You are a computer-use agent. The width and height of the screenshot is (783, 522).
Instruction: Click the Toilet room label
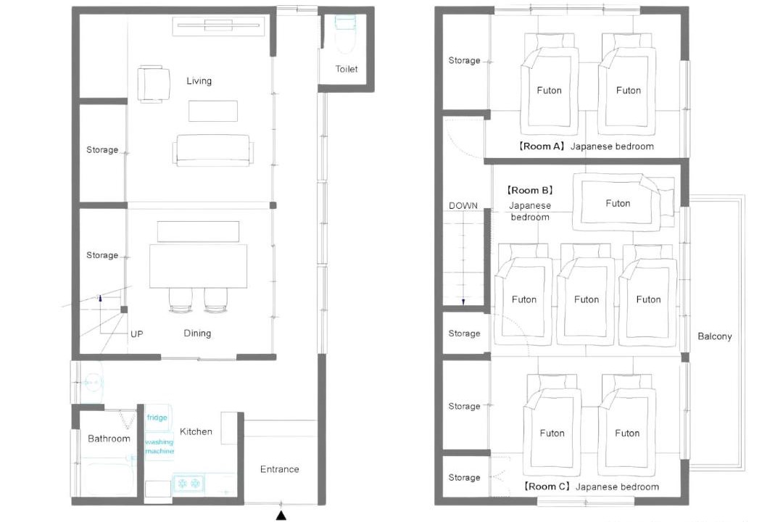pyautogui.click(x=346, y=69)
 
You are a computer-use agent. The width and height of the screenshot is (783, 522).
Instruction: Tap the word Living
pyautogui.click(x=199, y=81)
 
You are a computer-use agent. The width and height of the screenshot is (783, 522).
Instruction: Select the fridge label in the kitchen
pyautogui.click(x=157, y=418)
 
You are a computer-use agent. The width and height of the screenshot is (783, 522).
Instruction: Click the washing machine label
pyautogui.click(x=159, y=446)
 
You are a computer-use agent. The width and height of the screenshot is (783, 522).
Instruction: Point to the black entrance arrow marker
pyautogui.click(x=281, y=515)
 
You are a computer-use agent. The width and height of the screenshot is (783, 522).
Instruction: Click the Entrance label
pyautogui.click(x=280, y=469)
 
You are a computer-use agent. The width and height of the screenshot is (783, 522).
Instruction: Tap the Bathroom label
pyautogui.click(x=109, y=439)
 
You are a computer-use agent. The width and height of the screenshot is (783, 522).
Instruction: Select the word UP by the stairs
pyautogui.click(x=137, y=333)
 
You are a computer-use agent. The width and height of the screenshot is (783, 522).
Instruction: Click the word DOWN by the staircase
pyautogui.click(x=463, y=206)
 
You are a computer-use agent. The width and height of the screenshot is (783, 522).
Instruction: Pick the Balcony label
pyautogui.click(x=715, y=336)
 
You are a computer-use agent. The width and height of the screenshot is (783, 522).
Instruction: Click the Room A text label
pyautogui.click(x=541, y=146)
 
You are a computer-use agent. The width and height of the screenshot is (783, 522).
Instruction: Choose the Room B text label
pyautogui.click(x=530, y=191)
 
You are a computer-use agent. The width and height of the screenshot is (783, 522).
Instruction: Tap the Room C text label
pyautogui.click(x=547, y=486)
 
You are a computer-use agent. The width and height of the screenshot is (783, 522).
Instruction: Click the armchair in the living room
pyautogui.click(x=153, y=84)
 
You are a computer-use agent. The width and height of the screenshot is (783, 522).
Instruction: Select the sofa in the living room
pyautogui.click(x=213, y=150)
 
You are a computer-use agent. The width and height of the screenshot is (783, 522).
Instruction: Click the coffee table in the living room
pyautogui.click(x=212, y=111)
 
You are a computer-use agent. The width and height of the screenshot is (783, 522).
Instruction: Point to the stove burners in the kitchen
pyautogui.click(x=188, y=484)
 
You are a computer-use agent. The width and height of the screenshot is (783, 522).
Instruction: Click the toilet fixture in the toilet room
pyautogui.click(x=345, y=34)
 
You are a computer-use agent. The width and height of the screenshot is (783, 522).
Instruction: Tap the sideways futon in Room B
pyautogui.click(x=623, y=202)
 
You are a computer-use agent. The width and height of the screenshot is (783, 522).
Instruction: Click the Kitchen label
pyautogui.click(x=196, y=431)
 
